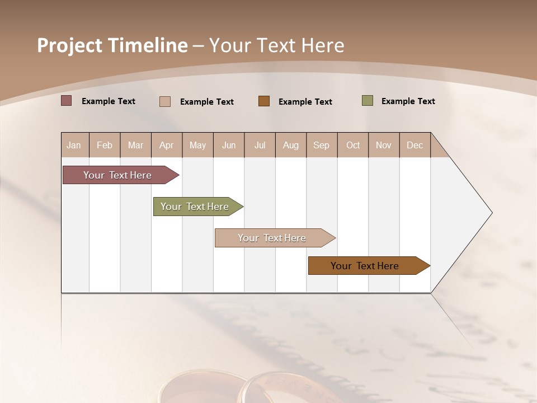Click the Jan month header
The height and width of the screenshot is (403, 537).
pos(74,145)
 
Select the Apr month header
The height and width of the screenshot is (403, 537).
pos(166,145)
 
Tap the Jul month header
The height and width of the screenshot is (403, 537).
pos(260,145)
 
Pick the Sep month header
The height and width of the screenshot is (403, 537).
pos(321,145)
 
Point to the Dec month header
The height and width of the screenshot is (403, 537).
pos(414,145)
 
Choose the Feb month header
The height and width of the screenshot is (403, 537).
pos(105,145)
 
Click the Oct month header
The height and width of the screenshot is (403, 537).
pos(353,145)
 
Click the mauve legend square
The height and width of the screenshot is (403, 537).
pos(67,101)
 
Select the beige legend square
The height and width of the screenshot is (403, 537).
pos(165,101)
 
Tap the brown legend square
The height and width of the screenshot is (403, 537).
pos(264,101)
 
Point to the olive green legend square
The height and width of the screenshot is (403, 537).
pos(368,101)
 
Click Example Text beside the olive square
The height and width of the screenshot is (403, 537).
pos(408,101)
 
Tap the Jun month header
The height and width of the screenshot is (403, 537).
pos(229,145)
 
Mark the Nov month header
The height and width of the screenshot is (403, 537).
pos(384,145)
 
